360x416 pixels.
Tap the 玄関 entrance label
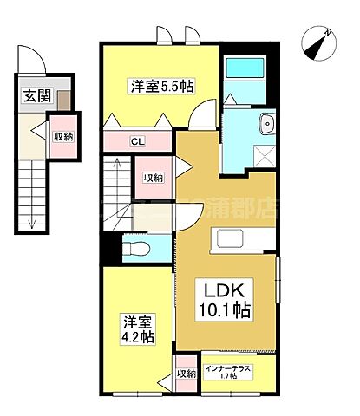tap(35, 95)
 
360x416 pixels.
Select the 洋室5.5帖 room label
tap(160, 87)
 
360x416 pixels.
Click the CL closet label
tap(137, 141)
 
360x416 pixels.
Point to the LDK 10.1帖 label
tap(228, 299)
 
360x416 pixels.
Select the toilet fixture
tap(135, 250)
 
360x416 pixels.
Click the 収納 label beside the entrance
tap(62, 136)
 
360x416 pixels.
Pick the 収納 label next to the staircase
tap(154, 178)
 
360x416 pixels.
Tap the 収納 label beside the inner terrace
tap(187, 374)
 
